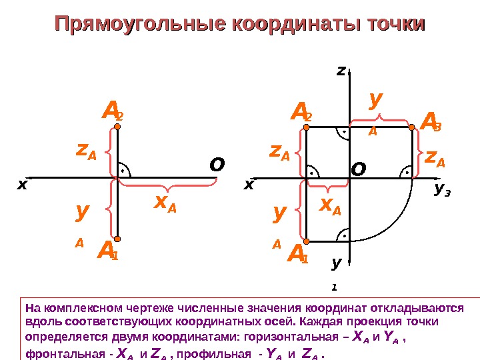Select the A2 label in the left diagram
112,112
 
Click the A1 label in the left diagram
107,252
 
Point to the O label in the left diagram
217,164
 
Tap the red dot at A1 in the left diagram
117,239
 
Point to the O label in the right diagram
359,170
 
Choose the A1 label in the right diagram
297,254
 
